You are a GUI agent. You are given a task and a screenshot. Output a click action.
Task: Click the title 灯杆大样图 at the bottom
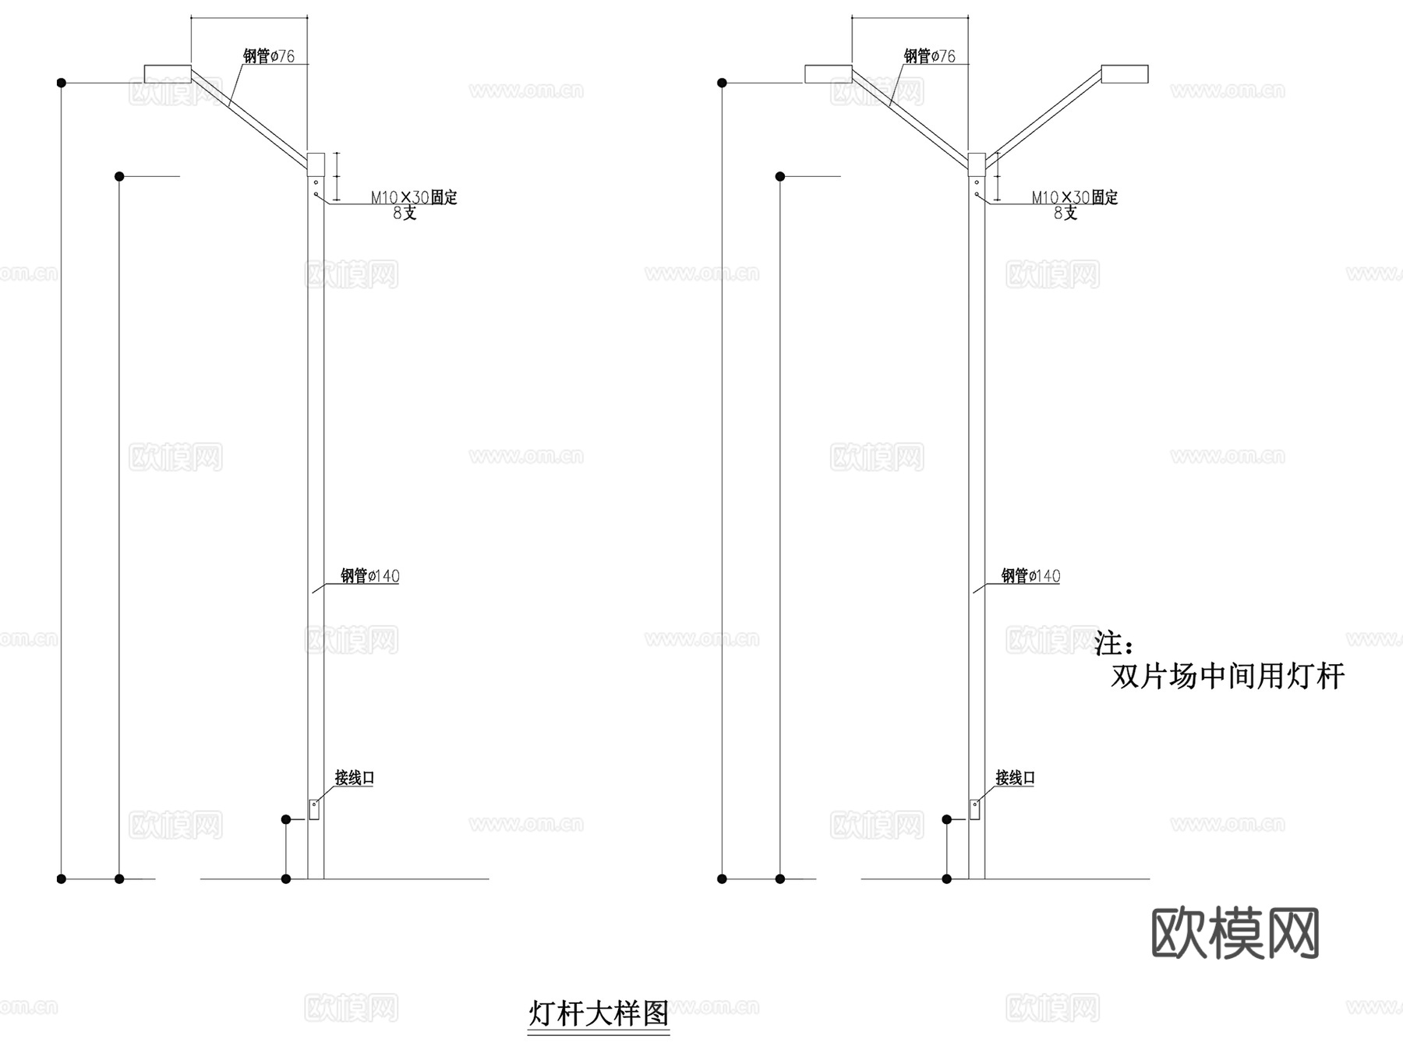coord(599,1013)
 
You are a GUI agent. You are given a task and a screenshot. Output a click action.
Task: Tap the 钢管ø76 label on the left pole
coord(269,56)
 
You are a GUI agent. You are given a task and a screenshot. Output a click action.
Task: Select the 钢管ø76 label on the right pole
coord(930,56)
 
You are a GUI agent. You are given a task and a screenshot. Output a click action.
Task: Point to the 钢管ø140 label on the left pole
coord(370,576)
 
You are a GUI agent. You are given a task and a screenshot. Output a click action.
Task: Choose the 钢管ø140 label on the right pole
coord(1030,576)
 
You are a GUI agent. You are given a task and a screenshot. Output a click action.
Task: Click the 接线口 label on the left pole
coord(355,777)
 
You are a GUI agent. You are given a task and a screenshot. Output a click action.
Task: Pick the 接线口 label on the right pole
coord(1015,777)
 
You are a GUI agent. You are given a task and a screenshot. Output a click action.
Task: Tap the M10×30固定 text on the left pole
coord(414,197)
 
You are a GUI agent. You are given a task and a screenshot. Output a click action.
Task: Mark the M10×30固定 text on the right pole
coord(1075,197)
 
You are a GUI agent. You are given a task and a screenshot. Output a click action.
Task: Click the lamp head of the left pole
coord(168,74)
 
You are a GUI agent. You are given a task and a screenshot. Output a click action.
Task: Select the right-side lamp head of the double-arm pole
coord(1125,74)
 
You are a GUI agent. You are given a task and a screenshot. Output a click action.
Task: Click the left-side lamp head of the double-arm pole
coord(829,74)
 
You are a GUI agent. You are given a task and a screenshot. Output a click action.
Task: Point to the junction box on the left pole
coord(314,809)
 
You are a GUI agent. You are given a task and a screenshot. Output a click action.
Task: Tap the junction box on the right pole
coord(974,809)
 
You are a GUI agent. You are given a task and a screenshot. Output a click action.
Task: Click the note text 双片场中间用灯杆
coord(1228,676)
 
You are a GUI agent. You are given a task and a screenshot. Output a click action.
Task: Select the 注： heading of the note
coord(1114,643)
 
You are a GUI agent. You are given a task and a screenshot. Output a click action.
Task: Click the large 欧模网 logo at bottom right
coord(1235,932)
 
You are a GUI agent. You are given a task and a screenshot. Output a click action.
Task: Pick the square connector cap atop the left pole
coord(316,164)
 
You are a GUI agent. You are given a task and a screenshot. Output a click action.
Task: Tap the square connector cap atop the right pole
coord(977,164)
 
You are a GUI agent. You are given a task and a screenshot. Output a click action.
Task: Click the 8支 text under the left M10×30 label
coord(405,214)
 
